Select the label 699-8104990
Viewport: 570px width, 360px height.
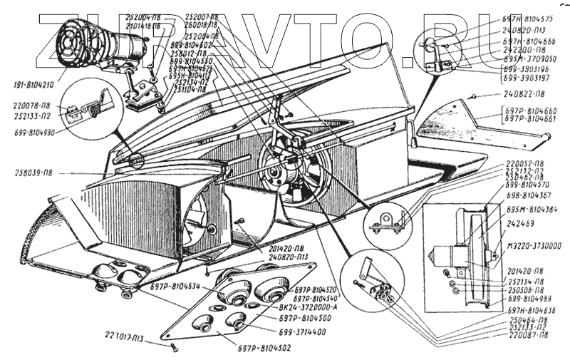(36, 133)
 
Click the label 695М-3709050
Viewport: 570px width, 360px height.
(529, 59)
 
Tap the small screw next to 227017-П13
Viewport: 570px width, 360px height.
(175, 347)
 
